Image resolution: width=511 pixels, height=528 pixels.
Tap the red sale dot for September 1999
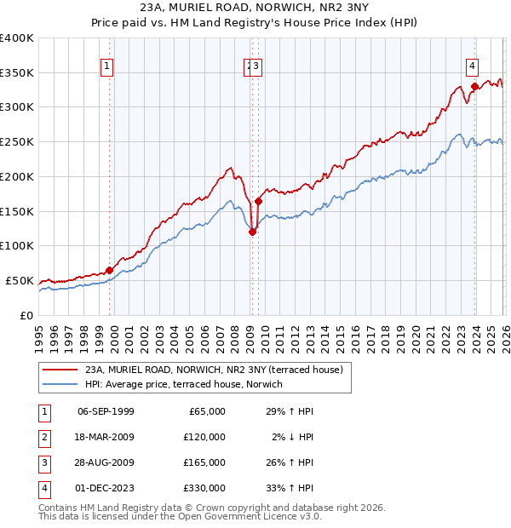pos(109,270)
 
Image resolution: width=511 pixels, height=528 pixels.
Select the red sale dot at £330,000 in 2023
pos(474,86)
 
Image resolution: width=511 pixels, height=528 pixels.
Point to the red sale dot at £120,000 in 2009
pos(252,232)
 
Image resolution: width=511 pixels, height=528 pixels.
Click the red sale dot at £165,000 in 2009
pos(258,201)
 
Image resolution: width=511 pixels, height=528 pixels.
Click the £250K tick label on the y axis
pos(16,142)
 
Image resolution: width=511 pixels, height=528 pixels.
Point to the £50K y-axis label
pos(20,280)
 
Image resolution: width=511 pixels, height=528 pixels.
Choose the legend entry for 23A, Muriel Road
pos(213,370)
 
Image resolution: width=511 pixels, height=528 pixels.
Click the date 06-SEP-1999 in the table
pos(106,411)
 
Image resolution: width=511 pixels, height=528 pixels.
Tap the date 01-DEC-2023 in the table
pos(106,488)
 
